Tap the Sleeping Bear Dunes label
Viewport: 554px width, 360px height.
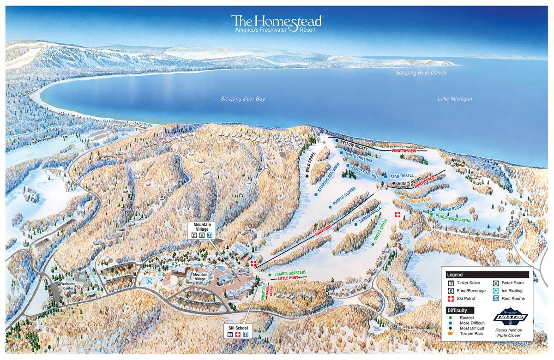pos(423,73)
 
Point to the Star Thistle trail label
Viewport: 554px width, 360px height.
pos(402,176)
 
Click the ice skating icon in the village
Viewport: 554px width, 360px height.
pos(149,281)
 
